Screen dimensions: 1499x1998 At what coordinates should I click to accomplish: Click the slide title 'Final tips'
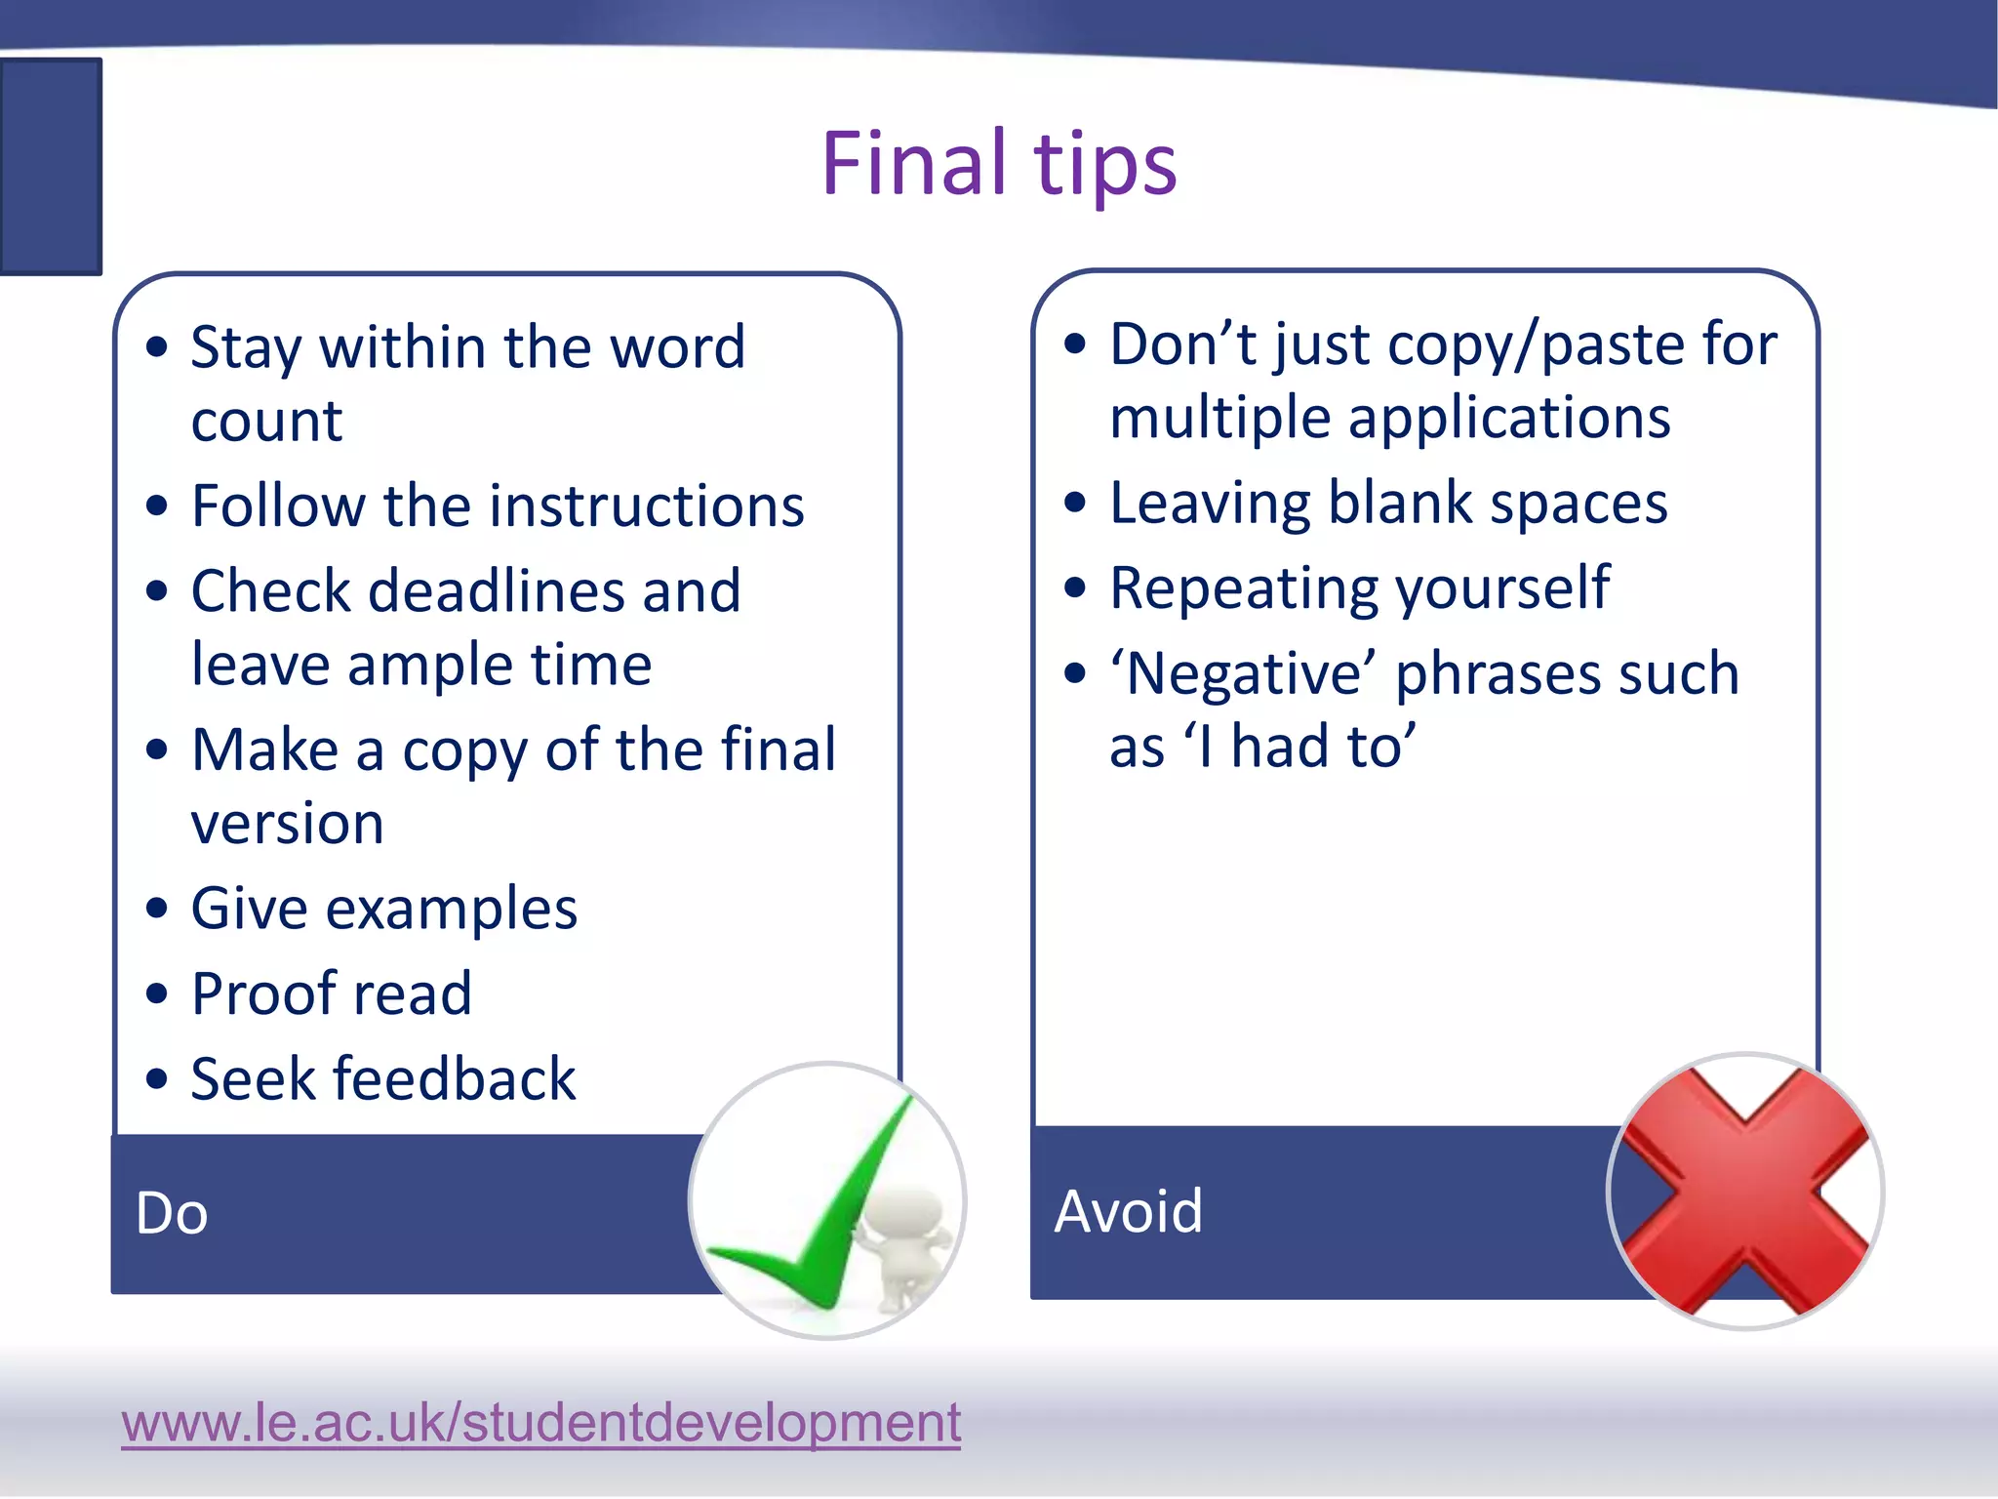[999, 163]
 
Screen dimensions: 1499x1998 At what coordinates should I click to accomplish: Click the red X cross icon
[1745, 1191]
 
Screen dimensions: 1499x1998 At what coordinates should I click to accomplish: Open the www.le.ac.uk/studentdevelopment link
[540, 1422]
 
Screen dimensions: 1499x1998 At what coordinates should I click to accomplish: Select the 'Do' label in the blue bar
[172, 1213]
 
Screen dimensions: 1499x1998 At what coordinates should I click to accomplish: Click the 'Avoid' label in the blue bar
[1128, 1211]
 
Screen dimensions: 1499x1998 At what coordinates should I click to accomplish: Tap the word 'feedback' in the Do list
[455, 1078]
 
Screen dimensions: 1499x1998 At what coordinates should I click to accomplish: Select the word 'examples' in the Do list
[451, 910]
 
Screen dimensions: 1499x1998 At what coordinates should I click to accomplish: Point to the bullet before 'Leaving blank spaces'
[1074, 504]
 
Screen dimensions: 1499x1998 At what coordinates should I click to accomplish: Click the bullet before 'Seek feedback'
[156, 1079]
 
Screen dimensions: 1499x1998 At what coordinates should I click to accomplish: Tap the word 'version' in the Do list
[287, 824]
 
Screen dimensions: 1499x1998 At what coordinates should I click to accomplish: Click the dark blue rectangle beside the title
[50, 166]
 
